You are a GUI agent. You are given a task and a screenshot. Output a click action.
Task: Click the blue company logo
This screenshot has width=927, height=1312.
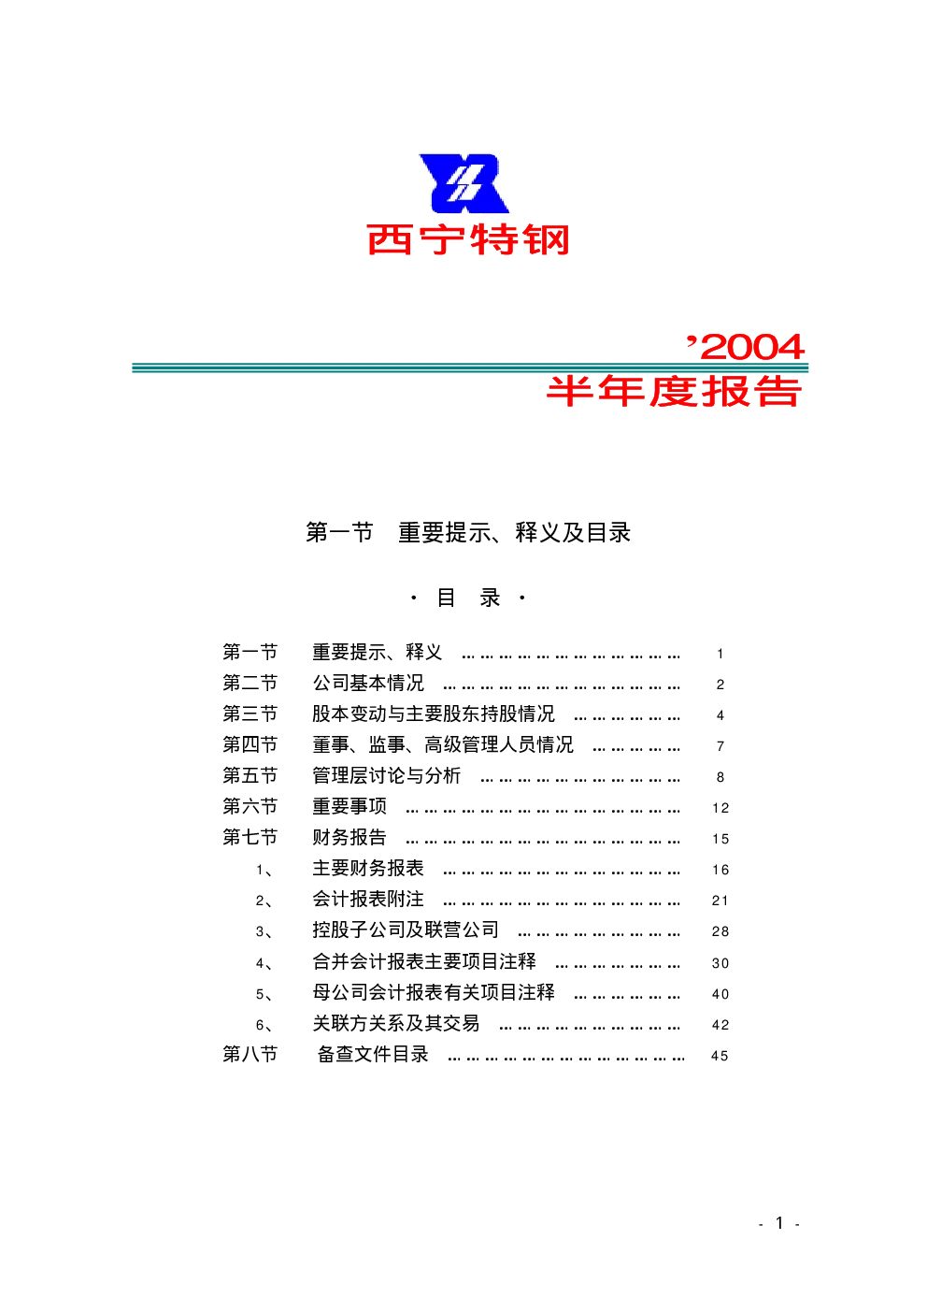tap(463, 183)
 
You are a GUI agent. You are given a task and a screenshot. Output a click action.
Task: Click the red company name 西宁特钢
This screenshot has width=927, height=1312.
tap(468, 239)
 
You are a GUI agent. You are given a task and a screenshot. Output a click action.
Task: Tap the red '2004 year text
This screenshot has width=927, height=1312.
tap(746, 347)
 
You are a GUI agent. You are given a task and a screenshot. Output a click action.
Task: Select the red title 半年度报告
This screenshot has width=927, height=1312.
tap(674, 391)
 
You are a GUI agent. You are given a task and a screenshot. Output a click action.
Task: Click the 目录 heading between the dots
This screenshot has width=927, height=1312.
tap(468, 598)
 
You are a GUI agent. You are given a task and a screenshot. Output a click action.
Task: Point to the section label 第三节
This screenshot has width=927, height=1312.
tap(250, 714)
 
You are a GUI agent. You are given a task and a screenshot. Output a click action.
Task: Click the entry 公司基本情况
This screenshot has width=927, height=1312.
tap(368, 683)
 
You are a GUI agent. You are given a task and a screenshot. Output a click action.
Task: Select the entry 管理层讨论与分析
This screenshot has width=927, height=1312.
tap(386, 775)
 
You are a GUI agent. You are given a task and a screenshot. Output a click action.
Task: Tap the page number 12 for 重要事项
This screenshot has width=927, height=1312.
tap(720, 808)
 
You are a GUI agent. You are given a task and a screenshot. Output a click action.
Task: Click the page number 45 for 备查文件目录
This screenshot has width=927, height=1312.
tap(720, 1056)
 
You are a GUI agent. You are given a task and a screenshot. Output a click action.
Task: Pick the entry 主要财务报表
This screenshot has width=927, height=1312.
tap(368, 868)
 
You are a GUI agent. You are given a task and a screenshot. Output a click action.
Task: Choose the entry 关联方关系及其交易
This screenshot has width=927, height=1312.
tap(396, 1023)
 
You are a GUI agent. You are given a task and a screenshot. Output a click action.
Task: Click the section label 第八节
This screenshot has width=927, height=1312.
tap(250, 1054)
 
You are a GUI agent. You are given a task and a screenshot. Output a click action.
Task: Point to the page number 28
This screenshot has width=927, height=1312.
tap(720, 932)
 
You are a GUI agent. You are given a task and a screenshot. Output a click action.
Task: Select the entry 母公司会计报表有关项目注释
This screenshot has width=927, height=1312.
tap(434, 992)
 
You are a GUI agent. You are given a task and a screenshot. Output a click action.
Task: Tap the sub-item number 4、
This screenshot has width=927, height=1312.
tap(264, 963)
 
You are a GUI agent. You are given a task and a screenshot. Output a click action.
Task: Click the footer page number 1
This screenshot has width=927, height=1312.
tap(779, 1223)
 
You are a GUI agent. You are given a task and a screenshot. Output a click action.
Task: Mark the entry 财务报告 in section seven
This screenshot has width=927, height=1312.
tap(349, 838)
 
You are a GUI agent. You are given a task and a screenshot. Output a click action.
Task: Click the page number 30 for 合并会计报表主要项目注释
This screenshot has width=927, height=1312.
tap(720, 963)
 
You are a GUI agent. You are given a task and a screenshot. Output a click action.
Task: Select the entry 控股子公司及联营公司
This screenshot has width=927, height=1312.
tap(406, 930)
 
